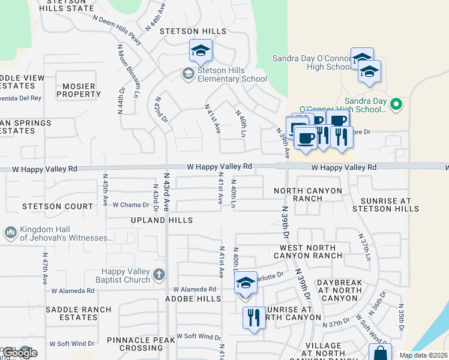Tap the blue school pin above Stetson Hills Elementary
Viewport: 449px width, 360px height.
201,52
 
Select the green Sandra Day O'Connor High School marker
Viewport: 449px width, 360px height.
396,105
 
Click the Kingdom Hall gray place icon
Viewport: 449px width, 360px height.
11,232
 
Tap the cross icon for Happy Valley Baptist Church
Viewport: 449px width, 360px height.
159,275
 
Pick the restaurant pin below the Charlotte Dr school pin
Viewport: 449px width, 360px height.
254,317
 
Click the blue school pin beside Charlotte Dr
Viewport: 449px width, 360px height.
245,283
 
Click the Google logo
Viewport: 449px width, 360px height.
20,352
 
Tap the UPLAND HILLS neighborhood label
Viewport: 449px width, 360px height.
162,220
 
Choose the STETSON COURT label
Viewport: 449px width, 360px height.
50,206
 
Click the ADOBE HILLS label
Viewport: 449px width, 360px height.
197,298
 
